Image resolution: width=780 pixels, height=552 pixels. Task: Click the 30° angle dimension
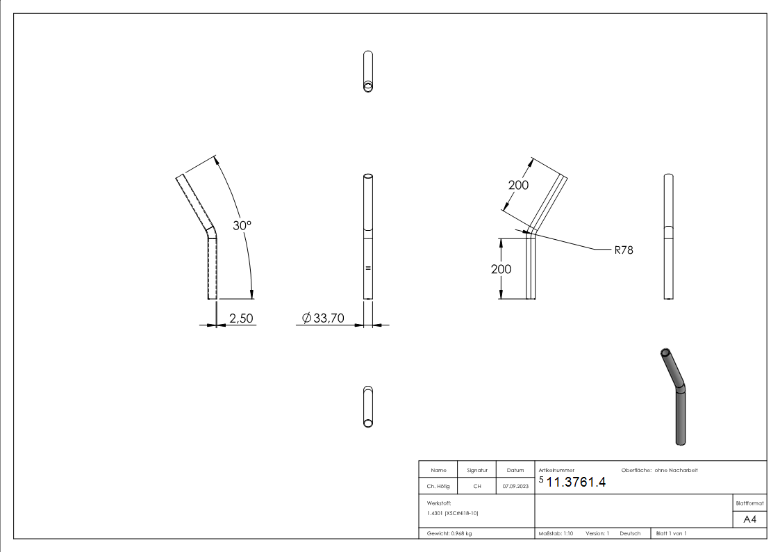242,226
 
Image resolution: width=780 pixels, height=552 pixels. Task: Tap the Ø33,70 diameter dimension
324,318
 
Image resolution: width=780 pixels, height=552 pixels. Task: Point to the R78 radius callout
623,250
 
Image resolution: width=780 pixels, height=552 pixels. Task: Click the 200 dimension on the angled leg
518,185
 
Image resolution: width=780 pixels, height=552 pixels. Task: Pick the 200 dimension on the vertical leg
501,269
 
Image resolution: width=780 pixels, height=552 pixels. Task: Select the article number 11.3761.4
576,484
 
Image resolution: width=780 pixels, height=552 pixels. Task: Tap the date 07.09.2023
515,486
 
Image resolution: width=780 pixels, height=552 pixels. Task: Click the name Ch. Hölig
439,486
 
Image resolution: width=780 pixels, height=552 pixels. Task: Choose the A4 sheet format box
749,519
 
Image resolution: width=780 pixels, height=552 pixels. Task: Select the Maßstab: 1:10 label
556,533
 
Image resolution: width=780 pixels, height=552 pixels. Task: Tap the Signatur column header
477,470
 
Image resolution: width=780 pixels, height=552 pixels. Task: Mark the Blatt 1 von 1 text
671,533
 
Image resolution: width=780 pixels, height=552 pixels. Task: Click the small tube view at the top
368,71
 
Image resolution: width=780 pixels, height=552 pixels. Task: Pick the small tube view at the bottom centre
368,407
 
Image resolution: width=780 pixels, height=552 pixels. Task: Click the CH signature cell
477,486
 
